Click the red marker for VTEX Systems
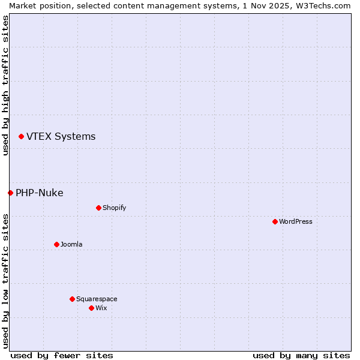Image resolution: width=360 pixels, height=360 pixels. [x=21, y=137]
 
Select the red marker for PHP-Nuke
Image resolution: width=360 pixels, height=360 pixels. [x=10, y=193]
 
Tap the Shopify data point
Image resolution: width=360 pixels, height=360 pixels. [x=98, y=208]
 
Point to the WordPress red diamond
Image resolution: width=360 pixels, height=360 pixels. [x=275, y=221]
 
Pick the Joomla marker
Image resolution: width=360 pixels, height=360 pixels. [x=56, y=244]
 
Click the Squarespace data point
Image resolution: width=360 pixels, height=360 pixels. [x=72, y=299]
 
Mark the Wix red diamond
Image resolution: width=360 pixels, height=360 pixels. [x=91, y=308]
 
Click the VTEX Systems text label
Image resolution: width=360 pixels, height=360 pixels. [x=61, y=137]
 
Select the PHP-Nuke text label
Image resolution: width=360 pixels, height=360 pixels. [x=39, y=193]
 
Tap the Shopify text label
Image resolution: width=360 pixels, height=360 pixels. [x=114, y=208]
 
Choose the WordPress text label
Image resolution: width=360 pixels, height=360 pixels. [x=295, y=221]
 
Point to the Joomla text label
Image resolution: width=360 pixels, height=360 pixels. [x=71, y=244]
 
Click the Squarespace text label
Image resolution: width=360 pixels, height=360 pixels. [x=97, y=299]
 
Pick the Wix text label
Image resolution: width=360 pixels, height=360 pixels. [x=101, y=308]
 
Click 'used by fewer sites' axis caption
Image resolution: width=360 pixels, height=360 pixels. [x=62, y=355]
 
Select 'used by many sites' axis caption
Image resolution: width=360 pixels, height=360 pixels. [x=301, y=355]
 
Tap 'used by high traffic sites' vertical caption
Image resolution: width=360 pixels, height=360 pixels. [x=5, y=85]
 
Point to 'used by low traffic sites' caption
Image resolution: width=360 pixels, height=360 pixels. [x=5, y=281]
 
